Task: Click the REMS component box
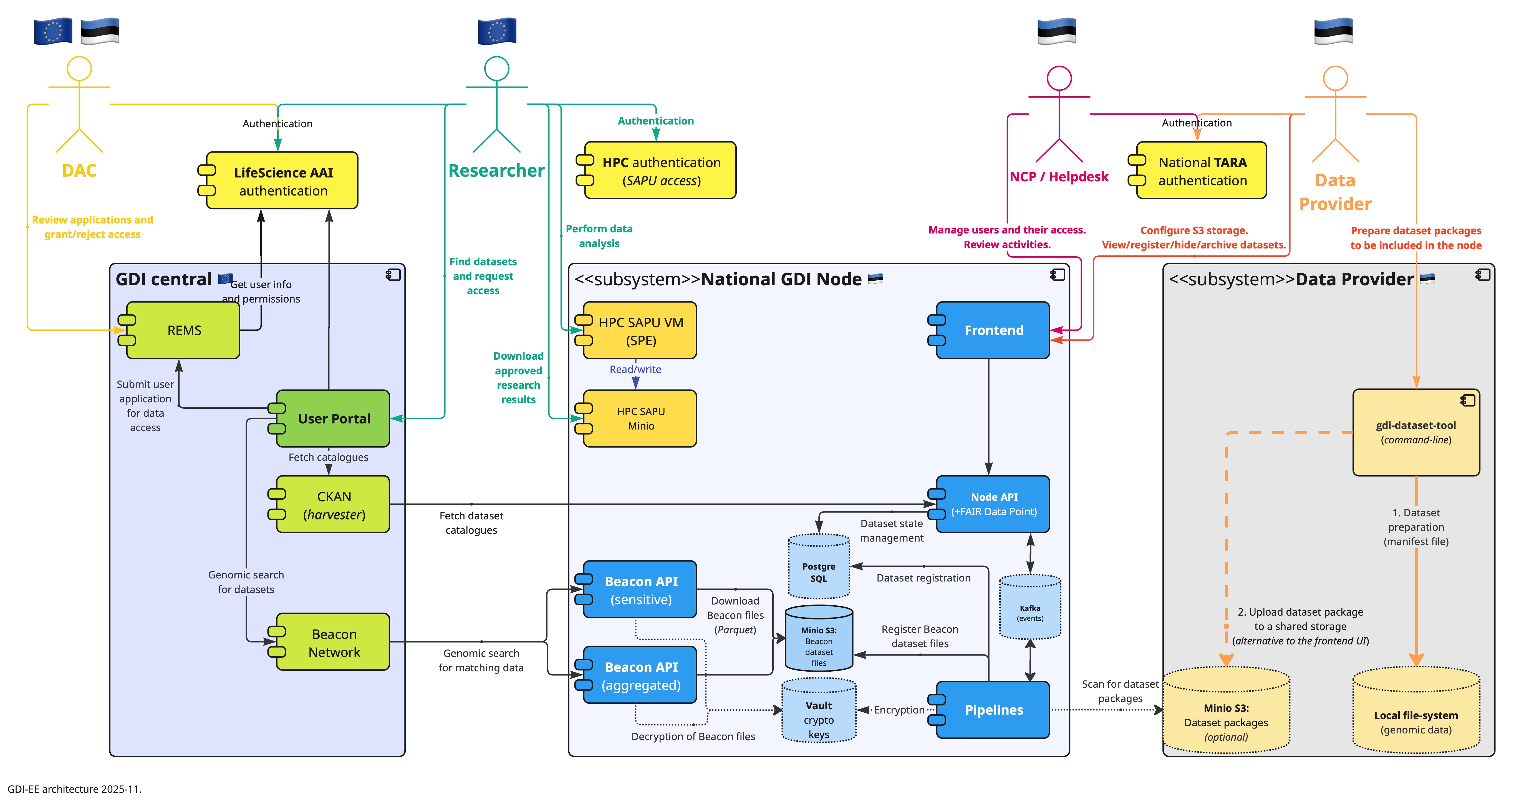click(x=184, y=331)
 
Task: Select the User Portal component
click(x=334, y=419)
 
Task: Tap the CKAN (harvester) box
click(x=334, y=505)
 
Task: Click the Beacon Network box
click(x=334, y=643)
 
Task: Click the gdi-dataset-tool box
click(x=1416, y=433)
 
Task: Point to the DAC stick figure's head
click(x=79, y=69)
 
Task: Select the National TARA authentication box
click(x=1202, y=171)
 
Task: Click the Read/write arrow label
click(x=635, y=369)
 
